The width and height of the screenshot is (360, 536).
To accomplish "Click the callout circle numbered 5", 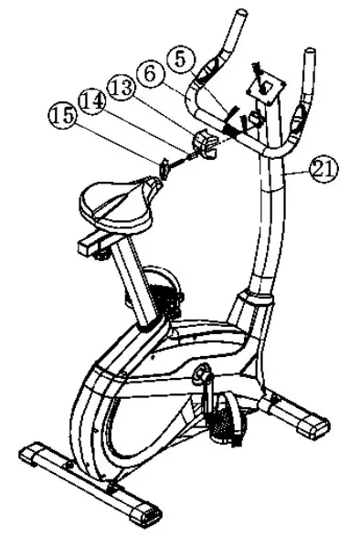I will (180, 58).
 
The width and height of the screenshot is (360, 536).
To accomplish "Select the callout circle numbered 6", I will (153, 73).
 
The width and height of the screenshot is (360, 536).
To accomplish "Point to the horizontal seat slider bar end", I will (87, 245).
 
